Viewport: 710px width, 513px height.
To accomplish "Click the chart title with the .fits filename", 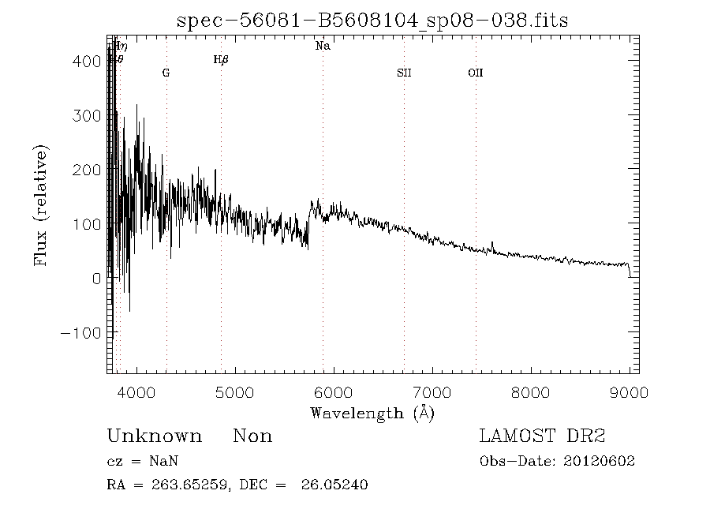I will [372, 21].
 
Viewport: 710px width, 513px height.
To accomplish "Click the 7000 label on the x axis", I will [432, 392].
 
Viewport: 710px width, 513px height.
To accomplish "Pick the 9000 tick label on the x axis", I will [629, 392].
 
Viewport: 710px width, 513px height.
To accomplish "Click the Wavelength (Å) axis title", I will [372, 413].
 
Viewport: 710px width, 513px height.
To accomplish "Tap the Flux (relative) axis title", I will [41, 205].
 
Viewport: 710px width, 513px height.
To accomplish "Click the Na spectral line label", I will [323, 47].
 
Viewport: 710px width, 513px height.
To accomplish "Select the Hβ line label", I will [221, 60].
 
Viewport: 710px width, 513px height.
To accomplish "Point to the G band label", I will [166, 73].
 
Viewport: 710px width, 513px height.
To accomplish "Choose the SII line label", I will [404, 73].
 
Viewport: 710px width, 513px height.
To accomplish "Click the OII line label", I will [475, 73].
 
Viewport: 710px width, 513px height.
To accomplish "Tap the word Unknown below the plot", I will [154, 436].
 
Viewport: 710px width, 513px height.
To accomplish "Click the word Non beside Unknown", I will [252, 436].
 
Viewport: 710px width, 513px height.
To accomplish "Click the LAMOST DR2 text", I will [542, 436].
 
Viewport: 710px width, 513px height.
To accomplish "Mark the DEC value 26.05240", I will [334, 485].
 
